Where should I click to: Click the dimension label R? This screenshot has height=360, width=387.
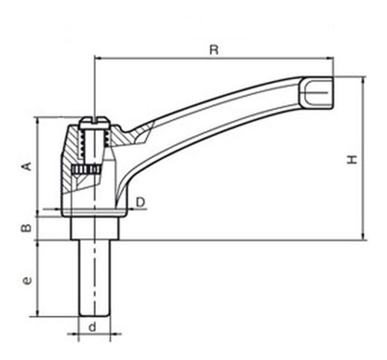214,50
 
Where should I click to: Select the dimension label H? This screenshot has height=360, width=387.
352,159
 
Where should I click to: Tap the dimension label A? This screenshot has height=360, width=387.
28,166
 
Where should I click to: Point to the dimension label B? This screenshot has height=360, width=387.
26,228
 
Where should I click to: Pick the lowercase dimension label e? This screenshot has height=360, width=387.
27,280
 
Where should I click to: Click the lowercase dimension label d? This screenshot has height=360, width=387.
92,327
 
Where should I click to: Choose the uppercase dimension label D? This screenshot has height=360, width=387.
141,202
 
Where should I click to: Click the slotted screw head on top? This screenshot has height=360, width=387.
95,123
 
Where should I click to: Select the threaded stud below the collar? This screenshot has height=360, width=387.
95,278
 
